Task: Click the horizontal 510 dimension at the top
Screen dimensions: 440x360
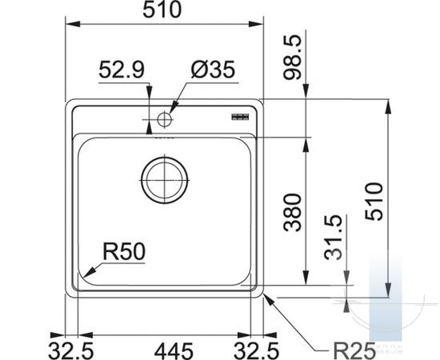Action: click(x=162, y=10)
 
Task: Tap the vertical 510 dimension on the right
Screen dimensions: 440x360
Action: click(x=374, y=202)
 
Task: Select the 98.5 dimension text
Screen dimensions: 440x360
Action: click(x=292, y=58)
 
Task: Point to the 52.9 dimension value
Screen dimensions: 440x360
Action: click(x=122, y=70)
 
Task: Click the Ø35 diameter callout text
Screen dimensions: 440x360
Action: click(x=213, y=70)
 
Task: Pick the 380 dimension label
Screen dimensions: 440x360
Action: click(x=292, y=213)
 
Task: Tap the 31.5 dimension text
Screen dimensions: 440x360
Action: click(x=333, y=238)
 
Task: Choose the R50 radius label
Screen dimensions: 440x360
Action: click(x=124, y=252)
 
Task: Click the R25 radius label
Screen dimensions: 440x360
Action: click(x=354, y=350)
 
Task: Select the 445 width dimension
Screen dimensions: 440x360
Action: click(x=174, y=351)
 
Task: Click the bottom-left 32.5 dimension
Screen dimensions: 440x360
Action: click(x=71, y=351)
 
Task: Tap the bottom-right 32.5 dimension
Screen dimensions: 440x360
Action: click(x=256, y=351)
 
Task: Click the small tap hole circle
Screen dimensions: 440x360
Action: click(x=165, y=119)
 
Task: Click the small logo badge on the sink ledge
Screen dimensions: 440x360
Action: click(x=240, y=117)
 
